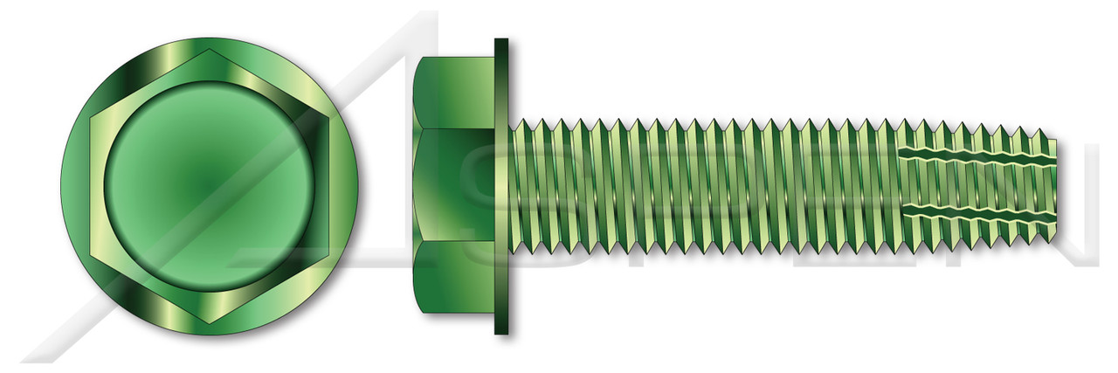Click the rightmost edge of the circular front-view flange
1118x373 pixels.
[x=359, y=186]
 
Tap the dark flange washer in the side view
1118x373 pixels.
[x=501, y=186]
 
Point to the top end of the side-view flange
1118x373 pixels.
[x=501, y=41]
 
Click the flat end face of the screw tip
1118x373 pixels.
[x=1054, y=186]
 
